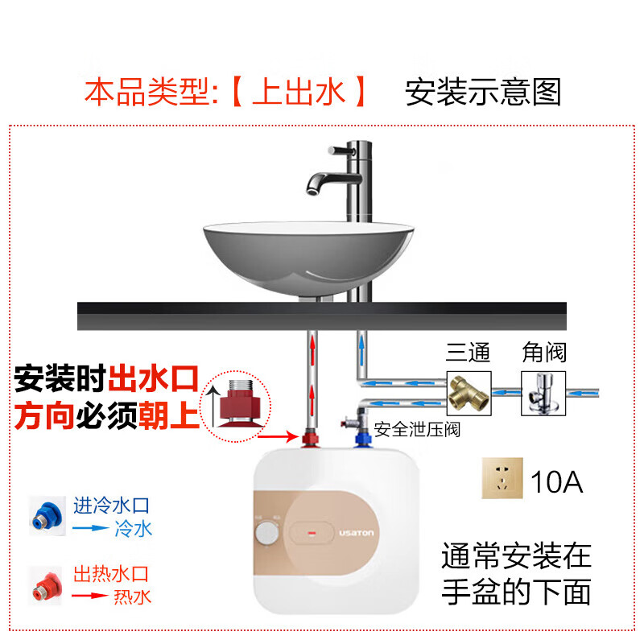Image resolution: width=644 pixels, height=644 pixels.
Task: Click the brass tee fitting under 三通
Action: coord(468,392)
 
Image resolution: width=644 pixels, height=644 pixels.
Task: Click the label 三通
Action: coord(469,353)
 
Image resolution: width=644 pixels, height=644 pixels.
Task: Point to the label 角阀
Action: coord(544,353)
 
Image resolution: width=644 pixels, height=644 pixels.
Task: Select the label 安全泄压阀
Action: coord(416,430)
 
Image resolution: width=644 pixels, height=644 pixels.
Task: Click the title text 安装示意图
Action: coord(483,93)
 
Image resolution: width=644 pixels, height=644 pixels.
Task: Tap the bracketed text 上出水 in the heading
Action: coord(299,93)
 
